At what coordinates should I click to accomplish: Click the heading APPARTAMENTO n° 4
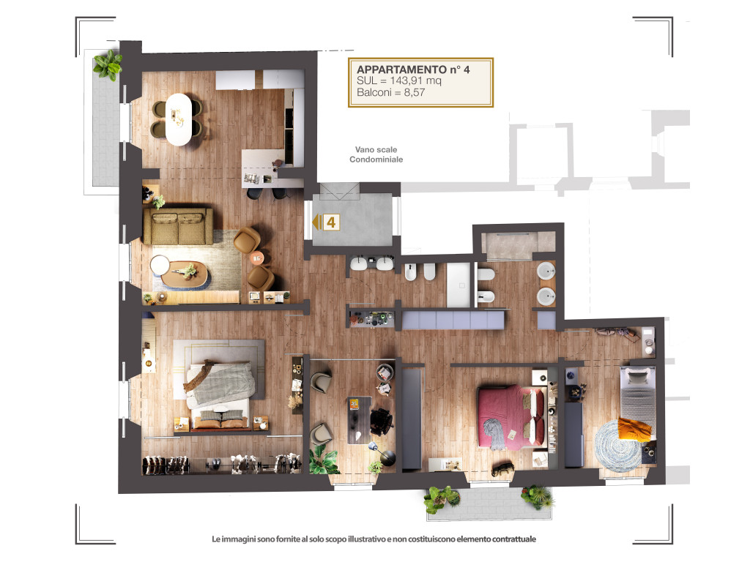click(x=413, y=70)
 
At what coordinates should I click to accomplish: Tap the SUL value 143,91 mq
click(x=416, y=80)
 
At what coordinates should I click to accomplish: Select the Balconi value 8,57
click(x=415, y=93)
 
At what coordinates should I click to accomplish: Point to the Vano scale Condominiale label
click(x=376, y=154)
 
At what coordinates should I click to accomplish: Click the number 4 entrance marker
click(x=331, y=222)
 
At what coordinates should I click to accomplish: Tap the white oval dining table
click(x=179, y=119)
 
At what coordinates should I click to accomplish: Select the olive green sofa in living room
click(x=178, y=226)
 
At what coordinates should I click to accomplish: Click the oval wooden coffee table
click(x=185, y=274)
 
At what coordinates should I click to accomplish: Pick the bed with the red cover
click(x=511, y=417)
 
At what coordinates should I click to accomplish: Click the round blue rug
click(x=619, y=446)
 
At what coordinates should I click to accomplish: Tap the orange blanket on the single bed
click(x=634, y=429)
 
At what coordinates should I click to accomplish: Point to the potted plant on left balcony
click(x=108, y=64)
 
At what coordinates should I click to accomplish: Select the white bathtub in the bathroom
click(x=458, y=285)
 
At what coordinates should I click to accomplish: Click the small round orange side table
click(x=257, y=258)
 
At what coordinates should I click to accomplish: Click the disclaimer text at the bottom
click(x=374, y=539)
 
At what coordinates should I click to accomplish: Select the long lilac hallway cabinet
click(x=453, y=320)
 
